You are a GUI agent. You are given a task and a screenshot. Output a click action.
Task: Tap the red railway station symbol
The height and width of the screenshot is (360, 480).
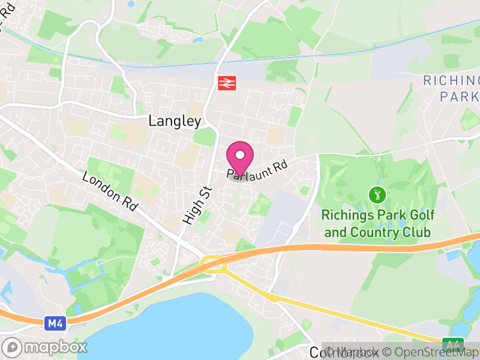[x=226, y=83]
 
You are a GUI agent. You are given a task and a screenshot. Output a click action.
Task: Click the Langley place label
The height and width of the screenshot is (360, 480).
[x=175, y=121]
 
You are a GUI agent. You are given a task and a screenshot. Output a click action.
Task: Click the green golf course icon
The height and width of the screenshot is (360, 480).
[x=377, y=194]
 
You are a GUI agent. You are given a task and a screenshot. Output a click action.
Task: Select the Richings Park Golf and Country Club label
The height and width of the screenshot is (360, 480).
[x=378, y=223]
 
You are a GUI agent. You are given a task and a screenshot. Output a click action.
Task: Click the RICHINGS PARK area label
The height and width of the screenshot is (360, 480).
[x=451, y=88]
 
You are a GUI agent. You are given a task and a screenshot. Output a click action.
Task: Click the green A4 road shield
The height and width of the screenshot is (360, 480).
[x=453, y=344]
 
